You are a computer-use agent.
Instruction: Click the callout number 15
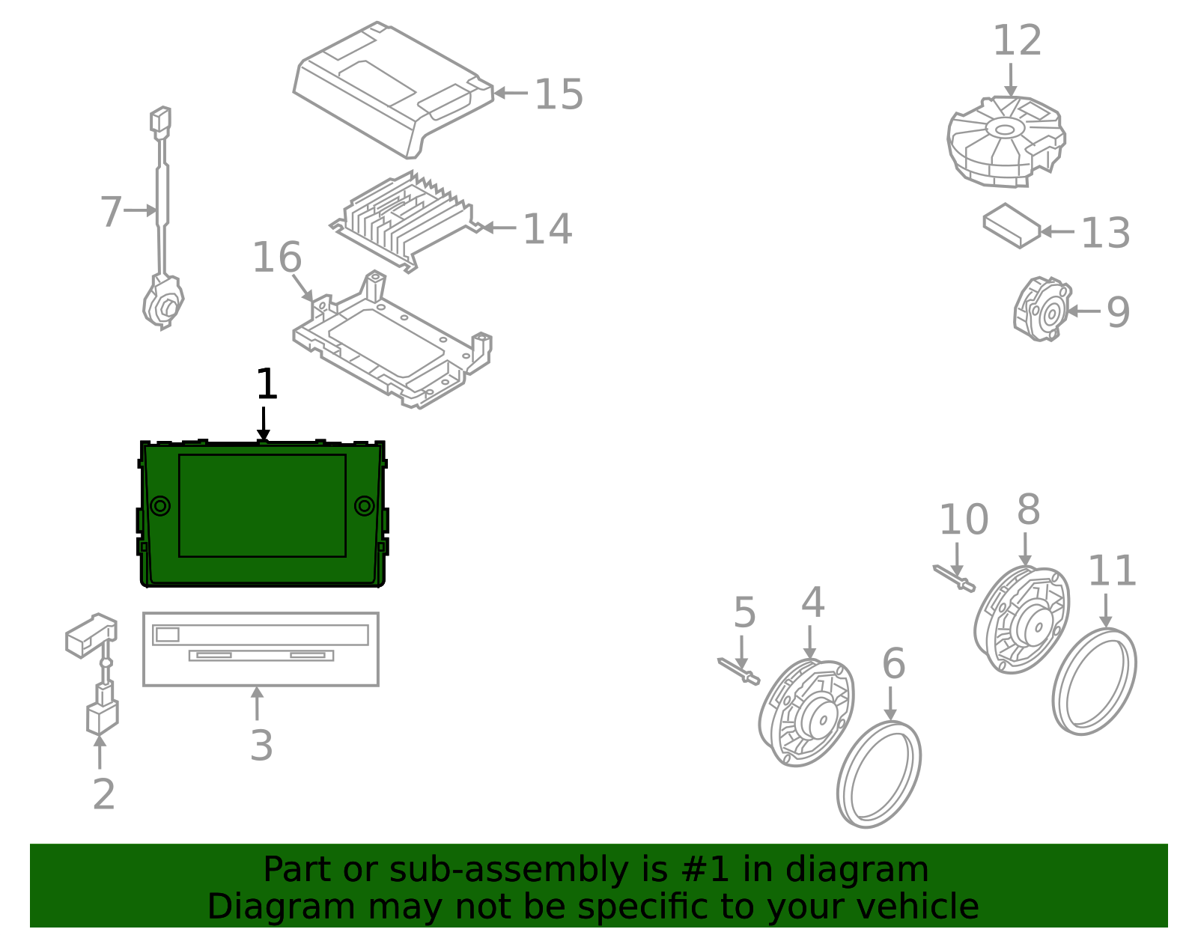(559, 94)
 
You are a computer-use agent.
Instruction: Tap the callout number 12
(1017, 40)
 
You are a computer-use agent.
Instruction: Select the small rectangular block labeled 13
(1012, 225)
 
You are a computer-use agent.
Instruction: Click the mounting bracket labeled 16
(393, 341)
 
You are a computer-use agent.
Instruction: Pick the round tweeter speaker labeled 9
(1044, 310)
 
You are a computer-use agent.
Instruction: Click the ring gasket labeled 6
(879, 774)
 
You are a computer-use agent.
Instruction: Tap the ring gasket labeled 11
(1094, 680)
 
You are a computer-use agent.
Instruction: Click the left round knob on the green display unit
(160, 506)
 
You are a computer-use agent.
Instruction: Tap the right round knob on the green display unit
(365, 506)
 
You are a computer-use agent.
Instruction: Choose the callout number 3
(261, 746)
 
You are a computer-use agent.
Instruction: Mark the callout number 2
(104, 794)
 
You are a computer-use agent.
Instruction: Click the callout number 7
(110, 211)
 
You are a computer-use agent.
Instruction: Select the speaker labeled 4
(807, 713)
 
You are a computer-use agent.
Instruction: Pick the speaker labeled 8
(1023, 621)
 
